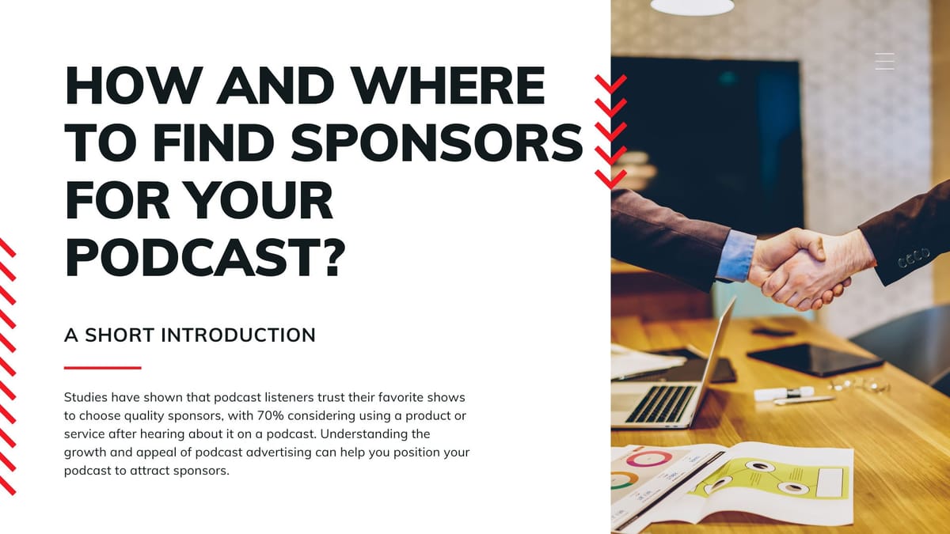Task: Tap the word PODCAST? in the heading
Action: click(x=205, y=257)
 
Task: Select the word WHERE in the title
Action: click(x=448, y=85)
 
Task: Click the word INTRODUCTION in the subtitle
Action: click(x=238, y=335)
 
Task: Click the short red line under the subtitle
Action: click(x=103, y=368)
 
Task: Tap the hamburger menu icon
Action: click(x=885, y=62)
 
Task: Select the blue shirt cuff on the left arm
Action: click(x=735, y=256)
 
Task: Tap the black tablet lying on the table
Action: click(x=815, y=359)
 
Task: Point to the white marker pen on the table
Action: click(x=784, y=393)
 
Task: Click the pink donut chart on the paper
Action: click(x=649, y=459)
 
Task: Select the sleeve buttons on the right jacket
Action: click(x=914, y=258)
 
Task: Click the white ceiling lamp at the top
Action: click(x=692, y=6)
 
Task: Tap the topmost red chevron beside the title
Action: click(x=610, y=84)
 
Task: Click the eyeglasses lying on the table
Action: click(x=859, y=384)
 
